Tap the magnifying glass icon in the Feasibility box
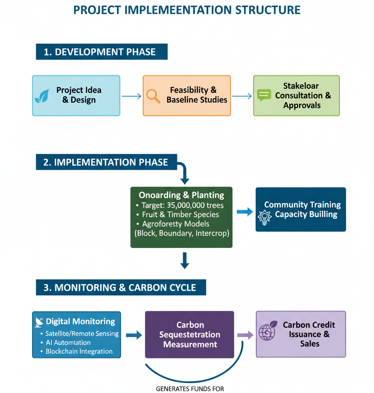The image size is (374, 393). coord(154,96)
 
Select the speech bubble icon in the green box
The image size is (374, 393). coord(264,95)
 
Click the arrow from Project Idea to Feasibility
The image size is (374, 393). coord(131,96)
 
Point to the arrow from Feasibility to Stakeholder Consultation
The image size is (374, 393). coord(242,96)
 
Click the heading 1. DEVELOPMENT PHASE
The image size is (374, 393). coord(101,52)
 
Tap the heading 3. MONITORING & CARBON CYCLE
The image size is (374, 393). coord(121,288)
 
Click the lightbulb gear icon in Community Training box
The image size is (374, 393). coord(265,216)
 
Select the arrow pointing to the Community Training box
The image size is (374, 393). coord(245,212)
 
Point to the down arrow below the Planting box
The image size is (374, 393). coord(184,260)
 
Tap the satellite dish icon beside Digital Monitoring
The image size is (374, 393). coord(40,322)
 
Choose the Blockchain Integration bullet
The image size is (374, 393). coord(78,351)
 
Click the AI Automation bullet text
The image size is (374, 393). coord(68,343)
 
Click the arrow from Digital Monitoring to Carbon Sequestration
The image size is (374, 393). coord(134,335)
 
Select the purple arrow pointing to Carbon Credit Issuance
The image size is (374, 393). coord(245,335)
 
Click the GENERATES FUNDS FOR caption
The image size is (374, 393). coord(190,389)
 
